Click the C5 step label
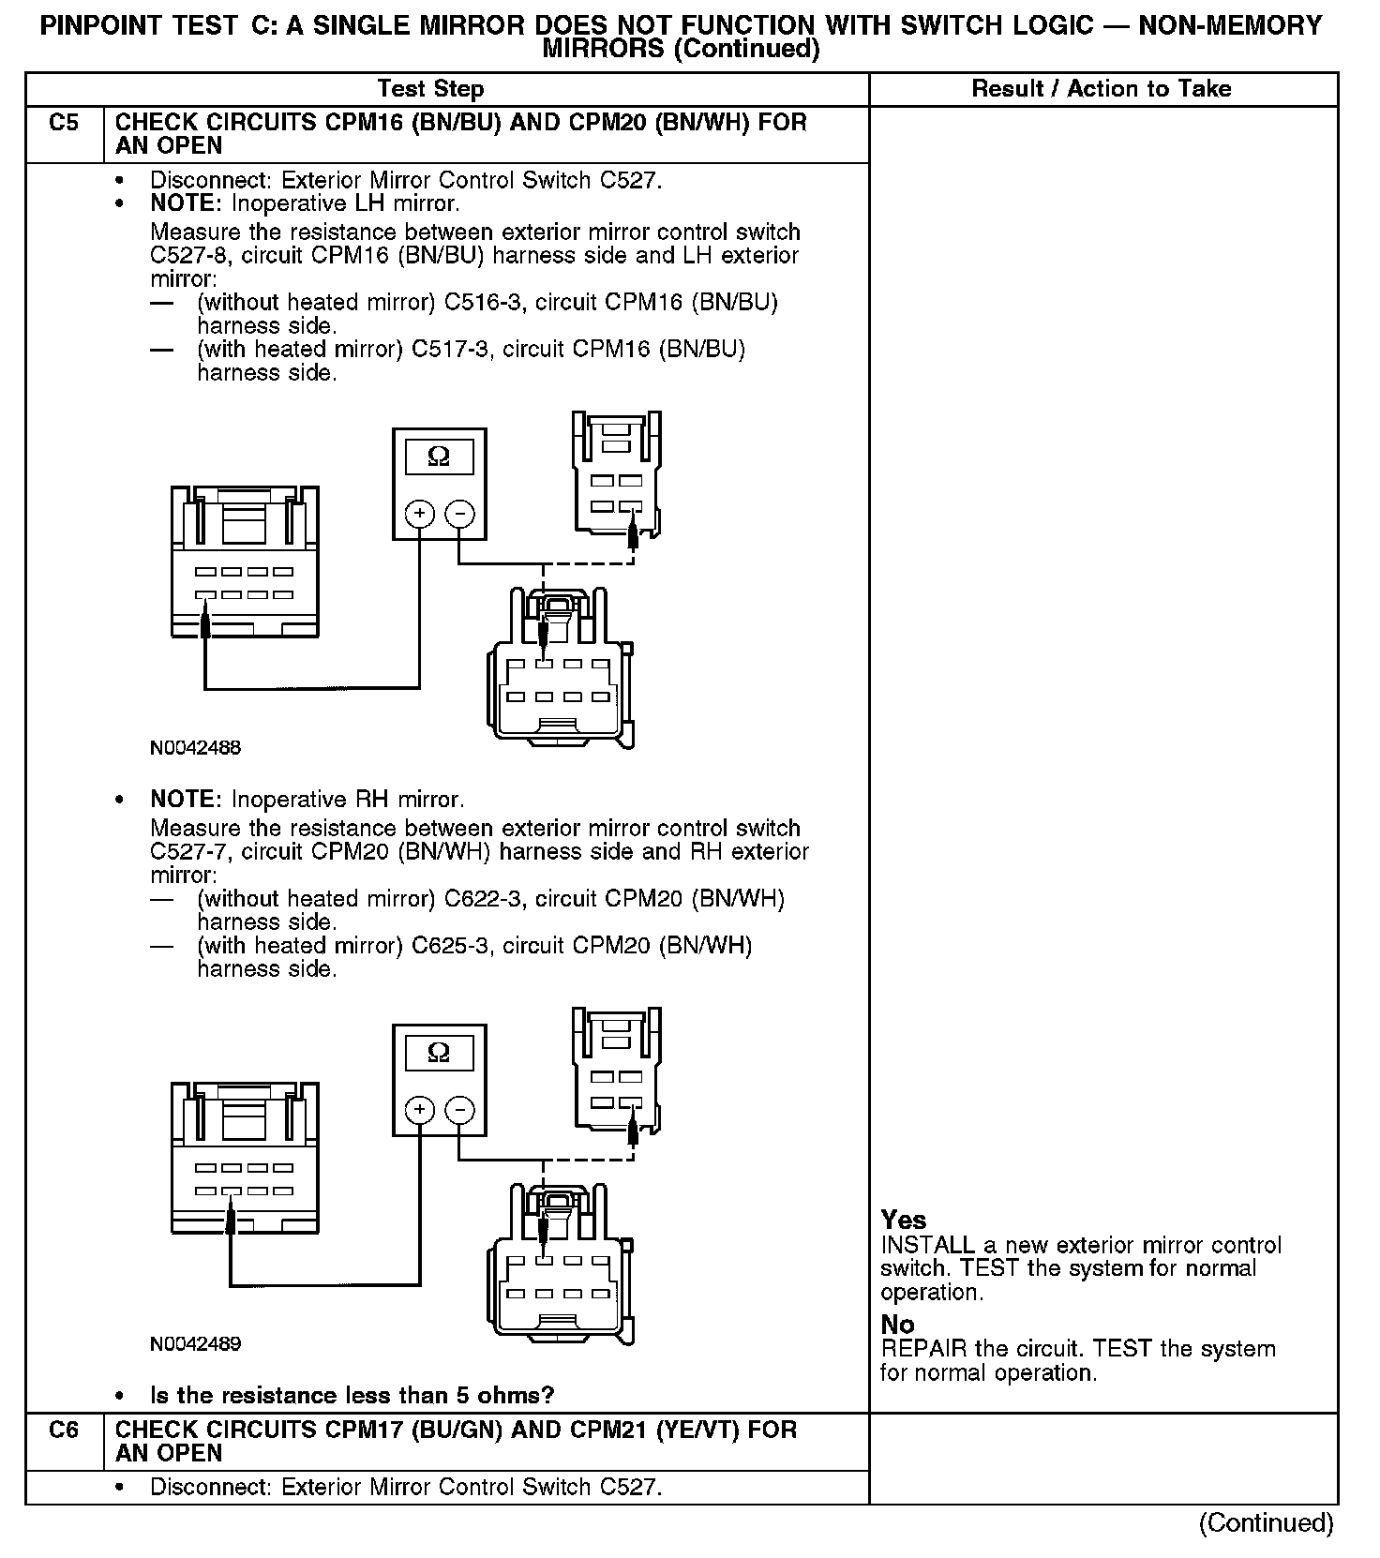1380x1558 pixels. coord(63,123)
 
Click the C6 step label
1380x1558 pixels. coord(63,1431)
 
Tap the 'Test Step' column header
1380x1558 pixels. coord(430,89)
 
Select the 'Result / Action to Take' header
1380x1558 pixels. coord(1102,89)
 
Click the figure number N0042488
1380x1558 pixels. coord(195,748)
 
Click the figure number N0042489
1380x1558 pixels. coord(195,1344)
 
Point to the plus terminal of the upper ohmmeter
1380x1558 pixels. coord(419,514)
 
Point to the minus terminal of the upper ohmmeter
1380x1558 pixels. coord(459,514)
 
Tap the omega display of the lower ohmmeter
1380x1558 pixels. coord(439,1054)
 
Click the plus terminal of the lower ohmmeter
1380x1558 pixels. coord(419,1110)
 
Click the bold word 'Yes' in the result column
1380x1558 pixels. coord(904,1221)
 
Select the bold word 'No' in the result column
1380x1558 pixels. coord(897,1325)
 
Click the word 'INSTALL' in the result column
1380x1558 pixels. coord(927,1246)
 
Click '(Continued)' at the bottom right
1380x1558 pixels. coord(1266,1523)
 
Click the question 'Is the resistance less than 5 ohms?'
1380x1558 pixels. coord(352,1396)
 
